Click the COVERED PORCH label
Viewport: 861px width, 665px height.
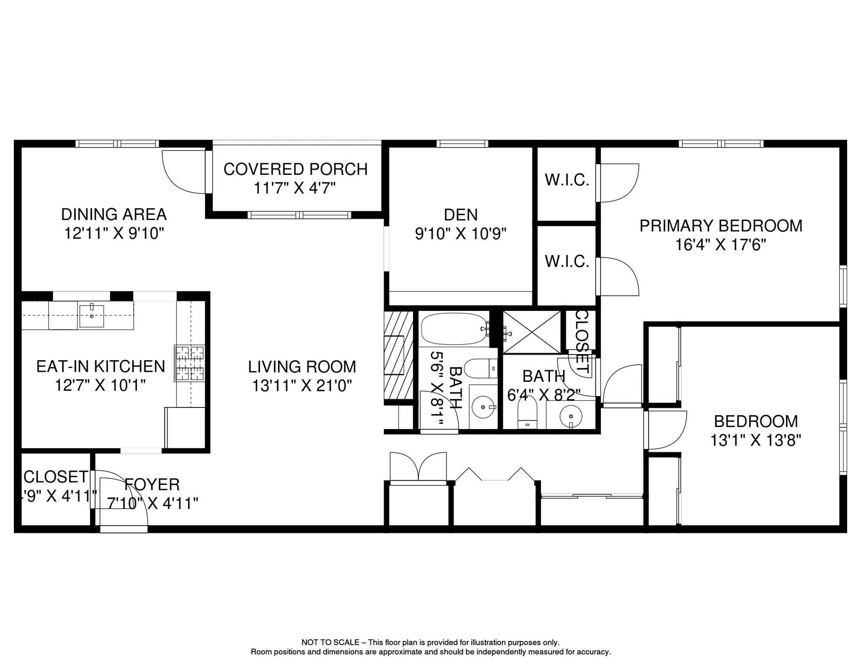click(295, 169)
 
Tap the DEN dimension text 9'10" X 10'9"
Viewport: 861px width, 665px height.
click(460, 234)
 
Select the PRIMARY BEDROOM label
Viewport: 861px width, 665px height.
click(721, 226)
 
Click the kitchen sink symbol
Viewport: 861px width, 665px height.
click(91, 316)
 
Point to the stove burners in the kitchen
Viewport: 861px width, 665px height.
click(190, 363)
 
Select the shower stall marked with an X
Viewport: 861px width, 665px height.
click(532, 332)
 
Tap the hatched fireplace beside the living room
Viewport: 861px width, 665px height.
click(398, 355)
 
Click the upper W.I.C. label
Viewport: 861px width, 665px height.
click(567, 180)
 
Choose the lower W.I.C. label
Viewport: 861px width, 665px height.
click(567, 261)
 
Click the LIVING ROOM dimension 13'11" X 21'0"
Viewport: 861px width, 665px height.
click(302, 386)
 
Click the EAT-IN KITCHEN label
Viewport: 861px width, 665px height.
click(100, 366)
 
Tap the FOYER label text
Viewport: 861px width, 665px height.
click(152, 484)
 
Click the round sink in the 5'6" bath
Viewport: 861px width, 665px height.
click(483, 407)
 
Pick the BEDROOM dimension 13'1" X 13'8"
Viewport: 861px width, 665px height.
click(755, 440)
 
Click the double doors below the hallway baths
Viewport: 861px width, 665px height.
click(418, 467)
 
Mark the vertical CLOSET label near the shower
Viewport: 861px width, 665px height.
click(581, 342)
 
